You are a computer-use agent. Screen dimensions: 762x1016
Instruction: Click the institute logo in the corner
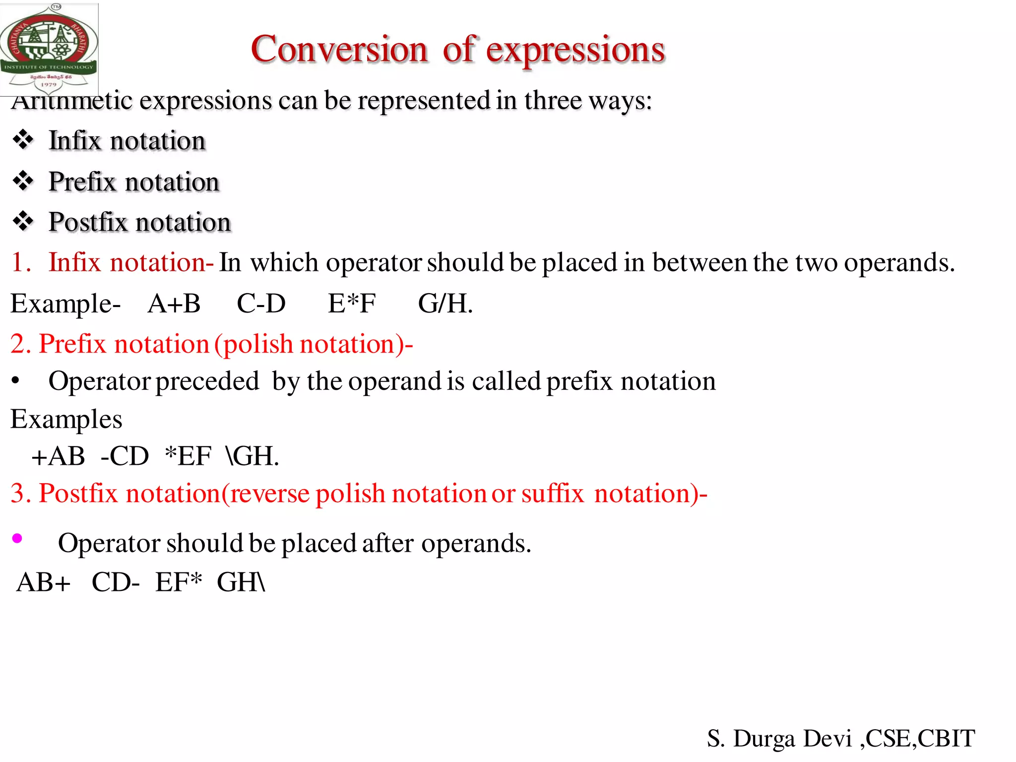49,49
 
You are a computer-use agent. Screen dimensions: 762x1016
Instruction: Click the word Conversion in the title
339,50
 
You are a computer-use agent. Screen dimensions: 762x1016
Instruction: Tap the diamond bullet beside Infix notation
23,140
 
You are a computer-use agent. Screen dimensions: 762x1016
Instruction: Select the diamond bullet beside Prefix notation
23,181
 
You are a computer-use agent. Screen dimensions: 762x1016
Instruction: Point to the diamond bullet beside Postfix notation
23,221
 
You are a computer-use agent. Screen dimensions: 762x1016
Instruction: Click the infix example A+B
174,303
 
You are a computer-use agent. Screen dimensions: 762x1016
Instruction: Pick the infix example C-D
261,303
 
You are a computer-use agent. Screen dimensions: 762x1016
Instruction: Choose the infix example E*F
352,303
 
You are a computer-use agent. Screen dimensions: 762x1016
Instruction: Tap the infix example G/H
445,303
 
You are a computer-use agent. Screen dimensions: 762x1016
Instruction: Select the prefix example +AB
58,456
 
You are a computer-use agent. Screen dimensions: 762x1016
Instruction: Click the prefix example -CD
125,456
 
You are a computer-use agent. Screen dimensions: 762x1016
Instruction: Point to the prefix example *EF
188,456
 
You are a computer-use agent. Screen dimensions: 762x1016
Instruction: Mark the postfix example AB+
44,582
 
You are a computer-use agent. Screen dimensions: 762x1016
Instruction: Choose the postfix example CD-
116,582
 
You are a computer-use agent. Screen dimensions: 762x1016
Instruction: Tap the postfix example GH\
241,582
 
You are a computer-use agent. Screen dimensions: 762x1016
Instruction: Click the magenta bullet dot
17,538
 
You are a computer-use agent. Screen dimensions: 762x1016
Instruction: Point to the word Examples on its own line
66,419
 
